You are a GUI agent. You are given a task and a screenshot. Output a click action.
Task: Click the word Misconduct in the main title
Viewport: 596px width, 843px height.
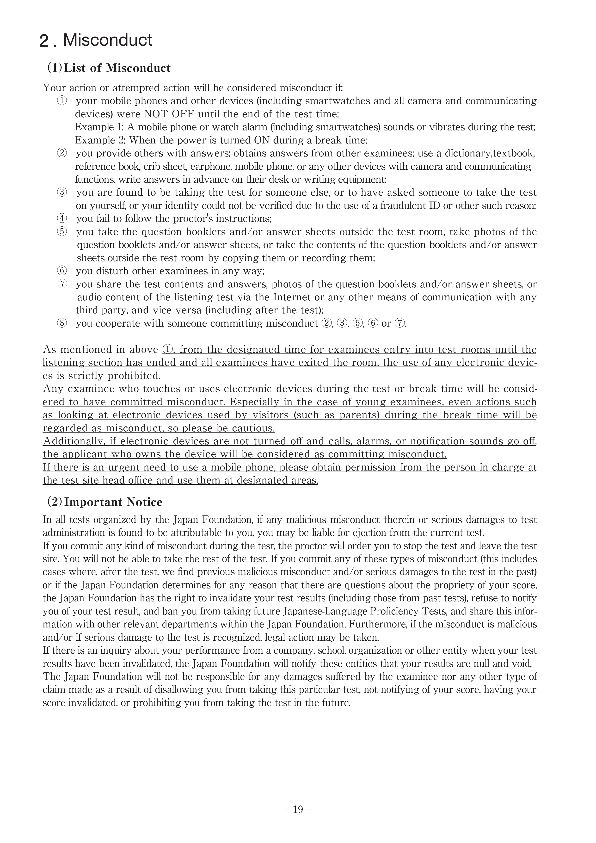pyautogui.click(x=108, y=40)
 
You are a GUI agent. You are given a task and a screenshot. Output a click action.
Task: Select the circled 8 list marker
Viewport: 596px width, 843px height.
pyautogui.click(x=62, y=323)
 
